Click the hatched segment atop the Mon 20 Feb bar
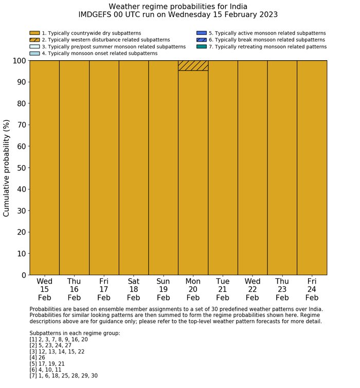(x=193, y=65)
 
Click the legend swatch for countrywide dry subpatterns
(x=34, y=33)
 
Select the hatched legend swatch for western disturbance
(x=34, y=40)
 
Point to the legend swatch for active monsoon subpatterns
(x=201, y=33)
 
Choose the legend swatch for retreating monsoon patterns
(x=201, y=46)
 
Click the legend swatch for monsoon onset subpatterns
(x=34, y=53)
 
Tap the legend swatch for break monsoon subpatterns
(x=201, y=40)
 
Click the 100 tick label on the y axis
(x=17, y=61)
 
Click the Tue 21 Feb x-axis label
(x=223, y=289)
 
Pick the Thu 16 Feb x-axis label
(x=74, y=289)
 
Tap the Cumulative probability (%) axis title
(x=7, y=168)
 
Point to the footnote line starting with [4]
(x=40, y=358)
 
